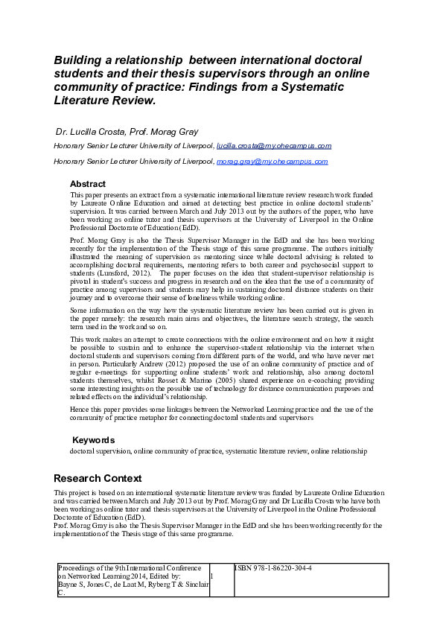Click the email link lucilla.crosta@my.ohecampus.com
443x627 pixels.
tap(264, 146)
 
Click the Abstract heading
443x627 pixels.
tap(88, 184)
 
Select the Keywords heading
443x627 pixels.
tap(93, 440)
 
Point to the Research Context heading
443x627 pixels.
tap(98, 478)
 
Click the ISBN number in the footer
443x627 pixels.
tap(274, 568)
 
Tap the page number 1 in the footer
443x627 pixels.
tap(212, 576)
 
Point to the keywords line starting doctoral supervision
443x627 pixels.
tap(218, 451)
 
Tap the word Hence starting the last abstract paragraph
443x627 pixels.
tap(80, 410)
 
